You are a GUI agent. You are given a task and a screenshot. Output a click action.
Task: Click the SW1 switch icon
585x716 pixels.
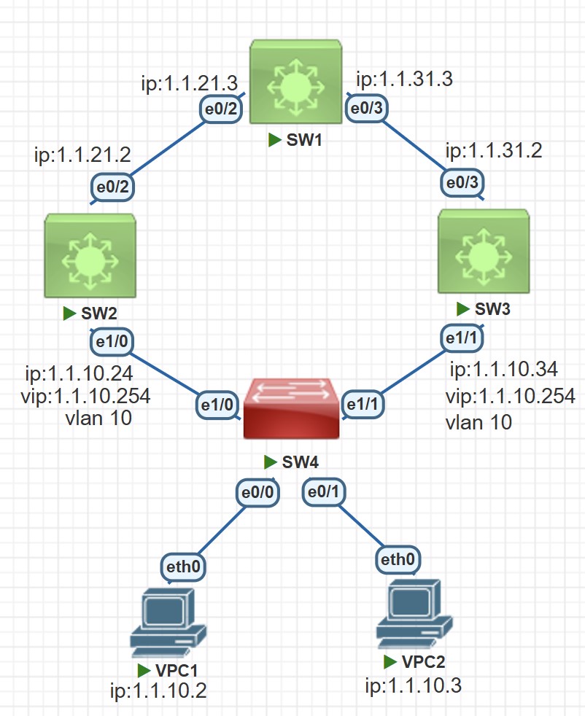[x=295, y=81]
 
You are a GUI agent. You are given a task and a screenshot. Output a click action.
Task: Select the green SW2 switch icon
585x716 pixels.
[x=89, y=256]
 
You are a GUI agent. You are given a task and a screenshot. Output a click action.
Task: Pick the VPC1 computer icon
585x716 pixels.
[x=167, y=620]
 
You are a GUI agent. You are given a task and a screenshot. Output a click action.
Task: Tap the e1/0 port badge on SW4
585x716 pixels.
[x=217, y=402]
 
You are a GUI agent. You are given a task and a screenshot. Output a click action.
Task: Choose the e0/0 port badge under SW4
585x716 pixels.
[x=258, y=494]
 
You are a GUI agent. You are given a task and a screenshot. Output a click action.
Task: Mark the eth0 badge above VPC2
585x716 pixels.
[x=398, y=559]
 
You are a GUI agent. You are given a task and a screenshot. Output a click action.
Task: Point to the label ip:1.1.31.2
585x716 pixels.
[x=494, y=152]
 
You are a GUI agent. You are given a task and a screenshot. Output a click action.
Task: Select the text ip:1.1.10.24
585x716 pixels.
[x=78, y=375]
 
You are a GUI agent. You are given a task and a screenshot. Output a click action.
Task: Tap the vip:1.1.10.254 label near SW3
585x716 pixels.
[x=510, y=397]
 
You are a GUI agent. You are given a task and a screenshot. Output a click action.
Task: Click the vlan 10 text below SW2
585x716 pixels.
[x=98, y=419]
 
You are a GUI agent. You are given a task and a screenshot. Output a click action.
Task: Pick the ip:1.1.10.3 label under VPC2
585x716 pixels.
[x=414, y=685]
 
